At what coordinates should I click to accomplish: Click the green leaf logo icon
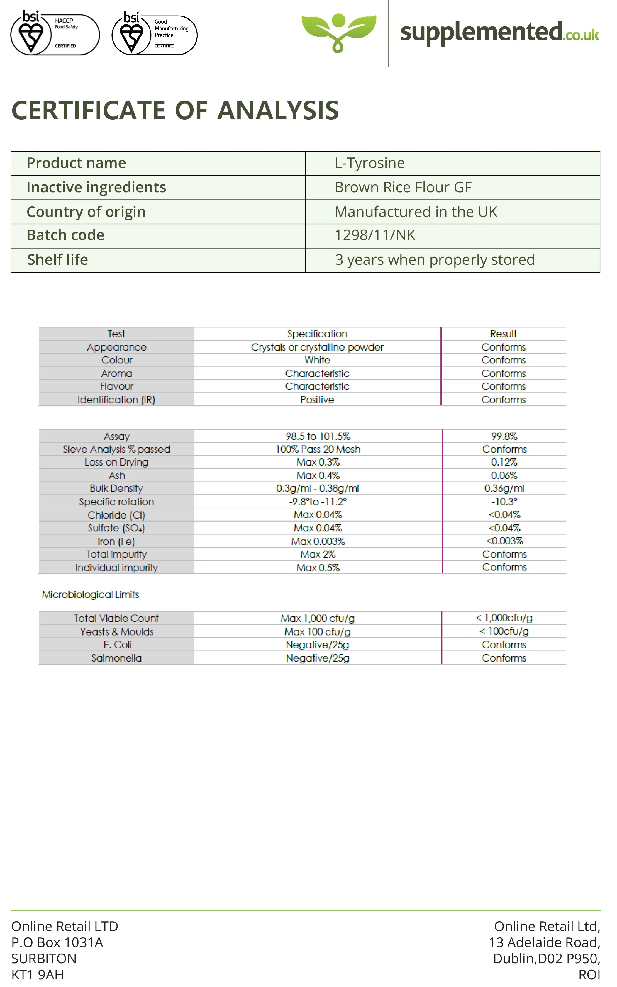point(338,32)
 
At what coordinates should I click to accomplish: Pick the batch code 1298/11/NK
point(374,235)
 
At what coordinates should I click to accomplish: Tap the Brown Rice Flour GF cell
point(403,188)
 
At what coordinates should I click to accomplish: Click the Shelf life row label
point(57,260)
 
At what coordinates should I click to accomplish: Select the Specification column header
point(317,334)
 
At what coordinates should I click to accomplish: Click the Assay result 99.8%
point(504,436)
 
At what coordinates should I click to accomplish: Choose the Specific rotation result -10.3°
point(504,502)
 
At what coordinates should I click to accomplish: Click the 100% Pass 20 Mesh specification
point(318,449)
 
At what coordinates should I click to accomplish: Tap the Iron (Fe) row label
point(116,541)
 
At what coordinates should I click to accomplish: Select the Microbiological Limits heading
point(90,595)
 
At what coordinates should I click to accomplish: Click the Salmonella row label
point(116,658)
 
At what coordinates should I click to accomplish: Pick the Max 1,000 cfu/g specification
point(318,618)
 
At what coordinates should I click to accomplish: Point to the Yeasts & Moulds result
point(504,631)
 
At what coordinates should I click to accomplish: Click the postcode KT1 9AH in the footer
point(38,975)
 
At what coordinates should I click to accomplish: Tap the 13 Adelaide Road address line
point(544,942)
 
